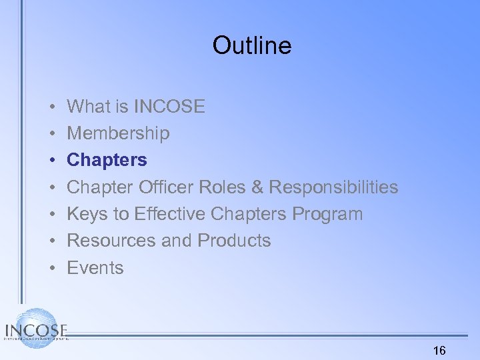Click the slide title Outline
click(252, 45)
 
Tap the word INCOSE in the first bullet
click(169, 106)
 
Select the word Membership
click(118, 133)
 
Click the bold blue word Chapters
click(107, 160)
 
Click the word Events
click(95, 268)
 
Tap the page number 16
click(439, 350)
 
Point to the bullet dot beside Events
click(51, 268)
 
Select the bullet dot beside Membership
click(51, 133)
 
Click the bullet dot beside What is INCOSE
click(51, 107)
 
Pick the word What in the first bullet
click(89, 106)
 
